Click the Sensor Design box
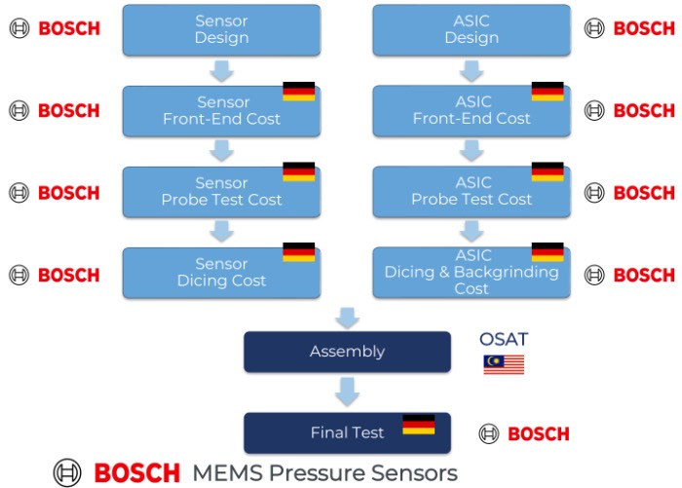[x=221, y=30]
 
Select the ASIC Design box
[x=471, y=30]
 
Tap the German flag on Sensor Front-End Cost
[x=298, y=92]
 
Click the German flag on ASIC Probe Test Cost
[x=548, y=172]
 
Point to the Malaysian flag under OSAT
[x=504, y=364]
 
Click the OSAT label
[x=503, y=339]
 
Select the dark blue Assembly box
[x=347, y=352]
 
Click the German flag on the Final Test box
[x=419, y=425]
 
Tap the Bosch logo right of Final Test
[x=524, y=433]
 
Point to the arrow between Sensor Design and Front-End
[x=221, y=70]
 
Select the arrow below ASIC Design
[x=472, y=70]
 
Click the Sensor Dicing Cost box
[x=221, y=273]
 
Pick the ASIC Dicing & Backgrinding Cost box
[x=471, y=273]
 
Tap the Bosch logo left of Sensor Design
[x=55, y=28]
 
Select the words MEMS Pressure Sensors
[x=324, y=473]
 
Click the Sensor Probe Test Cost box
[x=221, y=191]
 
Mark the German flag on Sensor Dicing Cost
[x=298, y=252]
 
